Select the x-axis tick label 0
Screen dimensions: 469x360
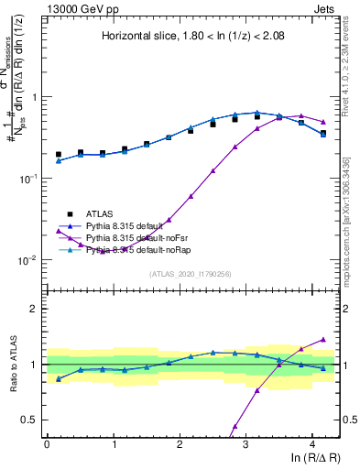coord(47,442)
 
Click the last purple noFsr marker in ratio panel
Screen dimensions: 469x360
coord(322,339)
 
